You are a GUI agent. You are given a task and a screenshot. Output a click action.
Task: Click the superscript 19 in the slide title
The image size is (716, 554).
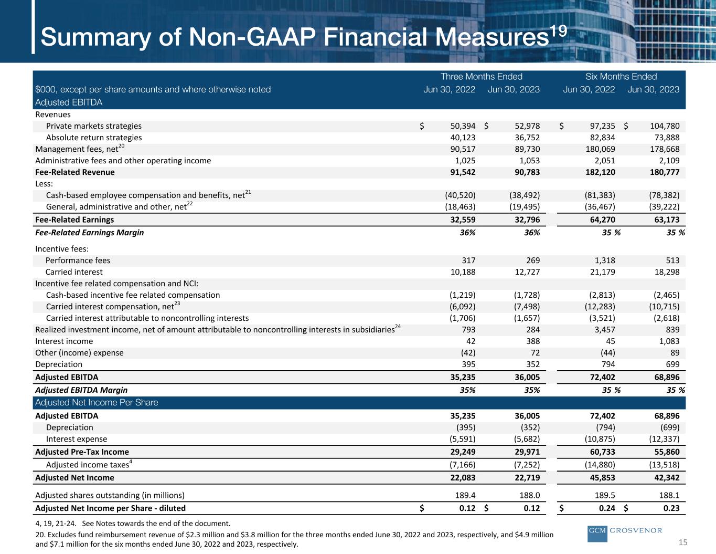[558, 32]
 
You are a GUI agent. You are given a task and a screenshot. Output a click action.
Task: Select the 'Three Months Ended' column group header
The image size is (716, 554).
[482, 77]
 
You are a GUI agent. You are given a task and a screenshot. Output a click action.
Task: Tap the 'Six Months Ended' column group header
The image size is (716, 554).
[621, 77]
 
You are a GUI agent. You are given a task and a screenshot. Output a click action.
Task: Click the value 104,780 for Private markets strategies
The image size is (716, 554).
[665, 126]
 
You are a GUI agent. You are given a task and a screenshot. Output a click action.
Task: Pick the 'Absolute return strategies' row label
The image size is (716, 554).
[94, 138]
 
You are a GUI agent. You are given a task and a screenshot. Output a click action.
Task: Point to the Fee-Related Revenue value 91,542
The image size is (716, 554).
[463, 172]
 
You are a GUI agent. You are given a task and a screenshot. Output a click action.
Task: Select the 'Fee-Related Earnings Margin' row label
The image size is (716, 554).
[90, 233]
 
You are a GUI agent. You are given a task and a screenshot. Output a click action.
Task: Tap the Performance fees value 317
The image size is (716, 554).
[468, 260]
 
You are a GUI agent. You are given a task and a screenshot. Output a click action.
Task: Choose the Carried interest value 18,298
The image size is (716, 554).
[667, 272]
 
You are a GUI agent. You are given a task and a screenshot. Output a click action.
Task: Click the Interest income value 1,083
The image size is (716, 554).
[669, 341]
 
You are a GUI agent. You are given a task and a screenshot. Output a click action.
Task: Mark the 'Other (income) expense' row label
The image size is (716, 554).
[79, 353]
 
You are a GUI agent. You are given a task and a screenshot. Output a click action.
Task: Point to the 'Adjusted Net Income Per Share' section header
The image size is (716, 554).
[97, 402]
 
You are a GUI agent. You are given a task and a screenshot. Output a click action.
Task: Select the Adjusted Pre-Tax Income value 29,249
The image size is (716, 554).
[463, 452]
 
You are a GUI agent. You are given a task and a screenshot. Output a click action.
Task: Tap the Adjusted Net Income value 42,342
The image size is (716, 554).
[667, 477]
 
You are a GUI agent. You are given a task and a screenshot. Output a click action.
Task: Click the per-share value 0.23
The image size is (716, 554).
[671, 508]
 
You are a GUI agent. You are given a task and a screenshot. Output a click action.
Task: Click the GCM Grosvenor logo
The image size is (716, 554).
[625, 534]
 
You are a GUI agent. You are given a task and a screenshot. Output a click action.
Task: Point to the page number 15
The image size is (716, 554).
[683, 542]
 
